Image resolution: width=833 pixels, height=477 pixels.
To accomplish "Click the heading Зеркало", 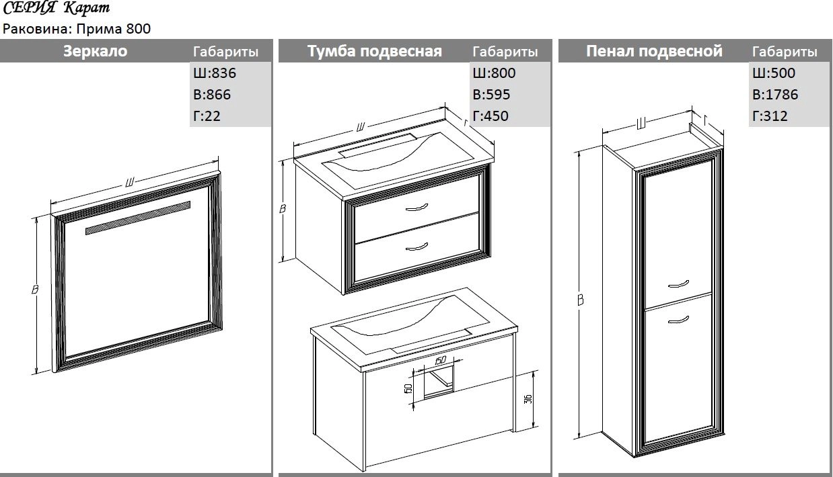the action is click(95, 51).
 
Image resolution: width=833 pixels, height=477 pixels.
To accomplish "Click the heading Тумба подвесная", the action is click(375, 51).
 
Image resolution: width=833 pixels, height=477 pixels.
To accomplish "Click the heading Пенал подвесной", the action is click(654, 51).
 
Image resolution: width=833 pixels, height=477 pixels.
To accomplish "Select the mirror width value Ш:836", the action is click(215, 73).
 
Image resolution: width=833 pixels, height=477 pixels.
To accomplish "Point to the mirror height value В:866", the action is click(212, 95).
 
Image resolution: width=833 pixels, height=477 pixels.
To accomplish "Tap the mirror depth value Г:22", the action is click(207, 116).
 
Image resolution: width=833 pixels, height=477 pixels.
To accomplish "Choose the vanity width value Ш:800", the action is click(495, 73).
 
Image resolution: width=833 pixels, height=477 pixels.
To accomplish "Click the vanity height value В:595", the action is click(491, 95).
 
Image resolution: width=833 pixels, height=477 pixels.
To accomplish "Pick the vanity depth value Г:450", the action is click(491, 116).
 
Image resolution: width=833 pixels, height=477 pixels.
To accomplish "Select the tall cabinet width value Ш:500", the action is click(774, 73).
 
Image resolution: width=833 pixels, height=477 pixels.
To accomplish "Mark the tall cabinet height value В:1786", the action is click(775, 95).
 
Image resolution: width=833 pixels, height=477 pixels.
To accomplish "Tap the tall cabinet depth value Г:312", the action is click(770, 116).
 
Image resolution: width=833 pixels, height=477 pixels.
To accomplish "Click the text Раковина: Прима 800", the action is click(77, 29).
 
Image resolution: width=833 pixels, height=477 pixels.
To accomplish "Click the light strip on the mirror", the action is click(138, 218).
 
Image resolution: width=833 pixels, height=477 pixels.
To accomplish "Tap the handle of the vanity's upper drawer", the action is click(416, 207).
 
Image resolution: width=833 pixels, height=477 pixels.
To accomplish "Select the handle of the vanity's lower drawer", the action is click(416, 247).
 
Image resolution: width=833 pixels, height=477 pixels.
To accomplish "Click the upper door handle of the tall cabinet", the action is click(679, 284).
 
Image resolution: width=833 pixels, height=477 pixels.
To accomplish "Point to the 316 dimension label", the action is click(528, 399).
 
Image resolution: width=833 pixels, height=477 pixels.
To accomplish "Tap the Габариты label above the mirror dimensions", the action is click(225, 52).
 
